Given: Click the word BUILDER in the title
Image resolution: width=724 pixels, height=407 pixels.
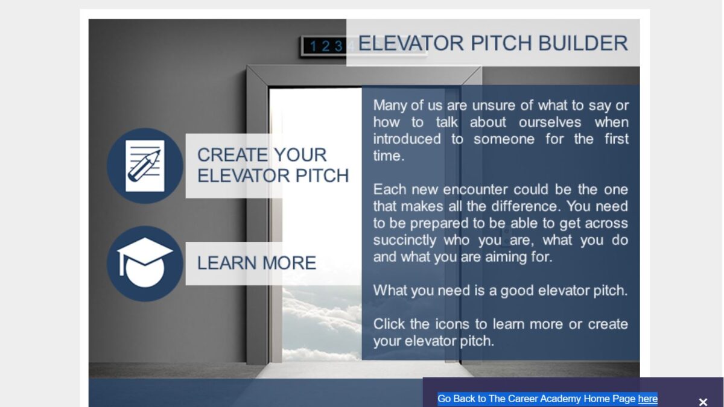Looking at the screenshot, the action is pos(583,43).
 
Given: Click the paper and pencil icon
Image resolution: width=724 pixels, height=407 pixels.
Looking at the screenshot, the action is pos(145,166).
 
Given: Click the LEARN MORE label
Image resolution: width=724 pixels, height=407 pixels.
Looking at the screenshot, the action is pos(256,263).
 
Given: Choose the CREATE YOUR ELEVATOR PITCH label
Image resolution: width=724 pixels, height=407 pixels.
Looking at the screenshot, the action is pos(273,165).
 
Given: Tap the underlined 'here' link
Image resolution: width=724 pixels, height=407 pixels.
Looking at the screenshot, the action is pos(648,399).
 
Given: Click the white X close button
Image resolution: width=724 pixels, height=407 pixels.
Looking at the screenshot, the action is pos(703,402).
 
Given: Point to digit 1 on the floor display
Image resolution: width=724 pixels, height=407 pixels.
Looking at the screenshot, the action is pos(313,46).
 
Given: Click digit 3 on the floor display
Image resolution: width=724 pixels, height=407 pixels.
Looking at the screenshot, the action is pos(338,46).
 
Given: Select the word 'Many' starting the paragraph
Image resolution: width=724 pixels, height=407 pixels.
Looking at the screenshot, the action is pos(390,106).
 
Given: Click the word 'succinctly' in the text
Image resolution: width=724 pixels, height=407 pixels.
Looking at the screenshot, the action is pos(405,241).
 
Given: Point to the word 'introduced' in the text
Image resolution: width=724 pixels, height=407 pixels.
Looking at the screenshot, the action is pos(407,139).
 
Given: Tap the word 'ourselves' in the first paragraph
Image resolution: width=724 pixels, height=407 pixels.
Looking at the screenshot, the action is pos(550,122).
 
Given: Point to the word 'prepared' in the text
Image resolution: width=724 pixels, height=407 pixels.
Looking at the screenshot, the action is pos(439,224).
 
